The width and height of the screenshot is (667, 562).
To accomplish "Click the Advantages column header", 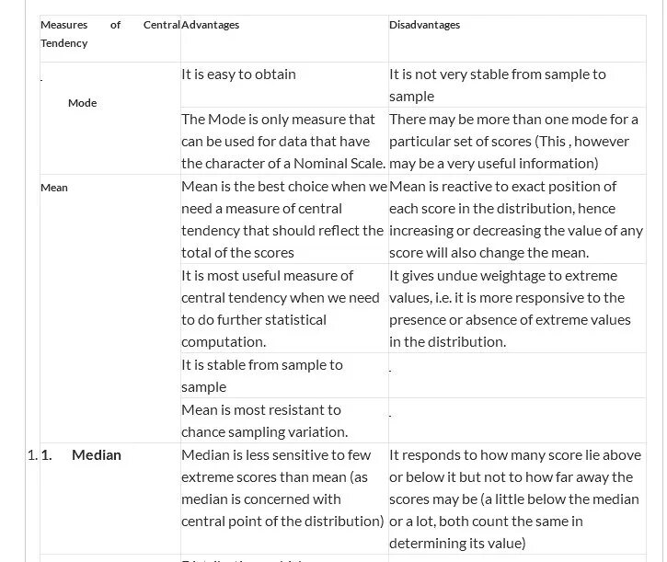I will coord(210,25).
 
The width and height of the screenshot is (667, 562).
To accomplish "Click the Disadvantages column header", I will coord(424,25).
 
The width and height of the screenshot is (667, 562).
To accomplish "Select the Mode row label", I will coord(82,103).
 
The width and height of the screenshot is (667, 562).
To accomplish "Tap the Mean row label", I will coord(53,188).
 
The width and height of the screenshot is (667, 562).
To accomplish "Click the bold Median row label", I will coord(96,454).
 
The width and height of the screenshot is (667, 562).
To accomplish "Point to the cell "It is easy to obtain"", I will coord(238,75).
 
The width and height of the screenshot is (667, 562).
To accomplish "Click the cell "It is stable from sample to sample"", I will coord(261,375).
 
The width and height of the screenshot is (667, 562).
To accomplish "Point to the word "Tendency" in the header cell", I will coord(63,43).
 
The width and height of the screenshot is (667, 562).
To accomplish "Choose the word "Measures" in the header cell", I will coord(63,25).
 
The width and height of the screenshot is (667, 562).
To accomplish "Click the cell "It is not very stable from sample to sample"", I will coord(497,85).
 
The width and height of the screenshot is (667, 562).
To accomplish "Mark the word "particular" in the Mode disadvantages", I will coord(420,142).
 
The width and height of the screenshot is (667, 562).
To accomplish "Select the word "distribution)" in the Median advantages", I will coord(339,522).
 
